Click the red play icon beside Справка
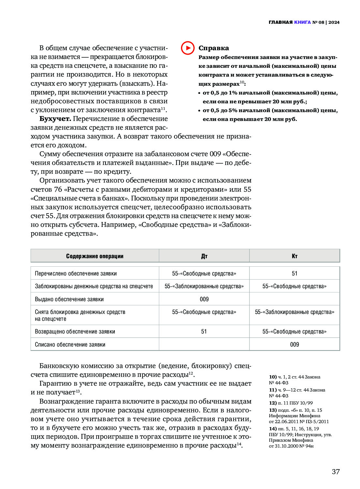click(x=187, y=48)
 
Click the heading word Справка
click(x=214, y=48)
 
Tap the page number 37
click(x=336, y=471)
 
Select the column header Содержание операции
click(x=95, y=256)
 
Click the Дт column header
click(x=204, y=256)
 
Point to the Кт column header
click(x=294, y=256)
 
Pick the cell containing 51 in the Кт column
click(x=294, y=274)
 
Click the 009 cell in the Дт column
click(x=204, y=299)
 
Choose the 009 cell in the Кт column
click(x=294, y=345)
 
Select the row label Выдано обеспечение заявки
click(x=69, y=299)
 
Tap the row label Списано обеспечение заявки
click(x=70, y=345)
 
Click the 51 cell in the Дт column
click(x=204, y=332)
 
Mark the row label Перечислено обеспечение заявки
click(x=76, y=274)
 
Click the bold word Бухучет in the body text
click(x=55, y=119)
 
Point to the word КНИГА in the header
click(x=302, y=22)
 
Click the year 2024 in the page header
click(x=334, y=22)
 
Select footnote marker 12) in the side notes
click(x=273, y=403)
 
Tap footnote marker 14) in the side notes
click(x=273, y=429)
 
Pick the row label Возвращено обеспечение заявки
click(x=75, y=332)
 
